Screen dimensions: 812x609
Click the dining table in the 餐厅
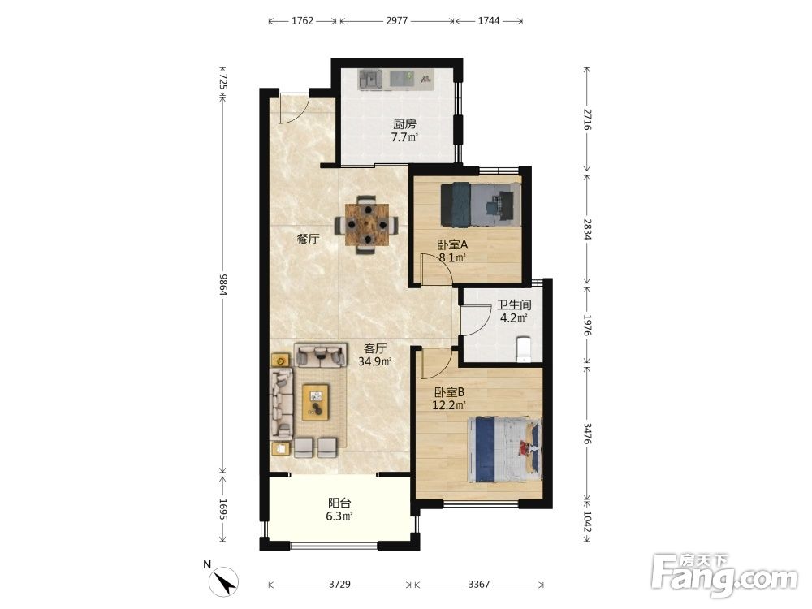point(367,225)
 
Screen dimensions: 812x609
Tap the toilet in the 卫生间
point(524,349)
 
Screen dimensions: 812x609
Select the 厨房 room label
point(404,124)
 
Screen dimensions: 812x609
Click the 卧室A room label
point(452,244)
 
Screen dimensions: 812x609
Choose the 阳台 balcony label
point(339,503)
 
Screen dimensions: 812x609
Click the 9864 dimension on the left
point(223,284)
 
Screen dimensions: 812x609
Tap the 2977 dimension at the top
point(397,21)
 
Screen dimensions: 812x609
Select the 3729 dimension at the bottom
point(339,584)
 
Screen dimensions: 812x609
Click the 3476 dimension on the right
point(587,434)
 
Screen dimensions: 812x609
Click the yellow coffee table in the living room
point(315,402)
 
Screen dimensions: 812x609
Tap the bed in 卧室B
point(504,450)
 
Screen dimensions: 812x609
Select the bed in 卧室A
point(481,205)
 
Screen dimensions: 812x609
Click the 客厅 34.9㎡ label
point(374,355)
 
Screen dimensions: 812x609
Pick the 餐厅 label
point(308,240)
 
